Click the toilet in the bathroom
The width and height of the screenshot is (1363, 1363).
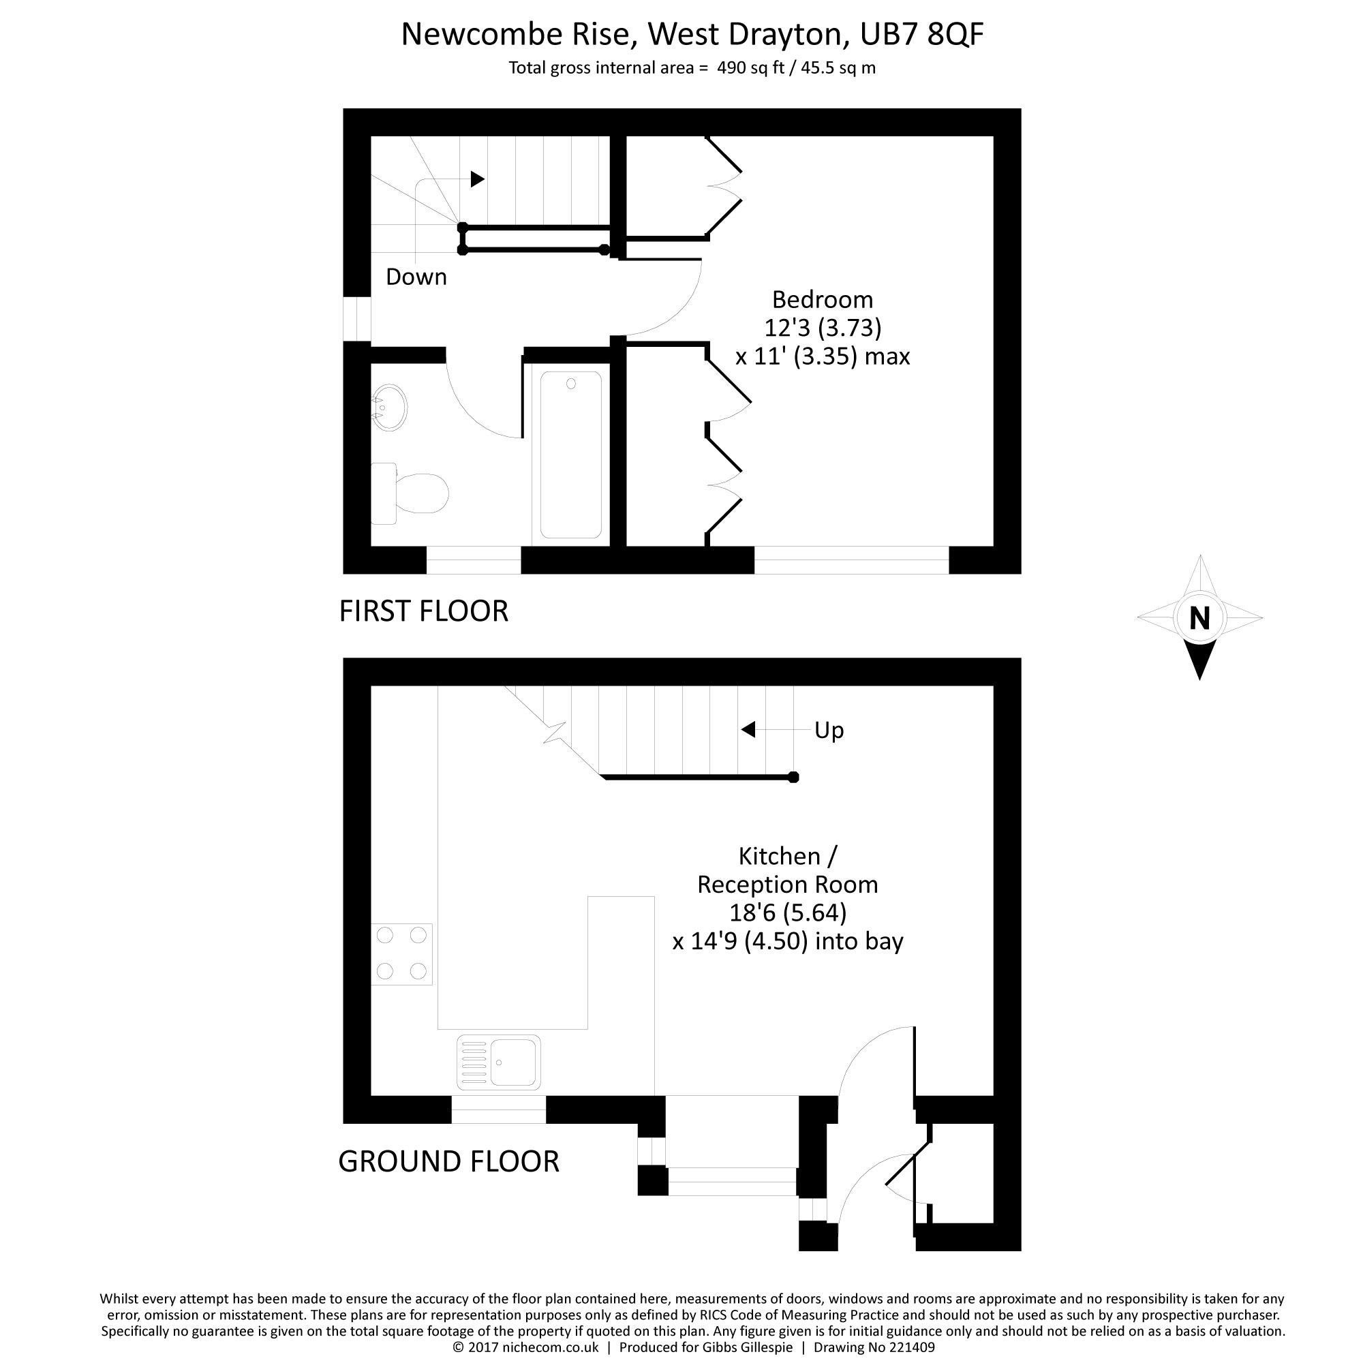pyautogui.click(x=409, y=493)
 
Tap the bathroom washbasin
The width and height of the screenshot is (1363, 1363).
pyautogui.click(x=388, y=408)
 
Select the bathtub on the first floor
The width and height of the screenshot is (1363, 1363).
pyautogui.click(x=570, y=455)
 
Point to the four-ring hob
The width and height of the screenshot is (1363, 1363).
pyautogui.click(x=401, y=954)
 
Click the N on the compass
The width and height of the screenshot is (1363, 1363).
pyautogui.click(x=1199, y=619)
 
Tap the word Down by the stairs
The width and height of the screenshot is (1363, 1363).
pyautogui.click(x=416, y=277)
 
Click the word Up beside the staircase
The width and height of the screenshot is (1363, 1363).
pyautogui.click(x=829, y=731)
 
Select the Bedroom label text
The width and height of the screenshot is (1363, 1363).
pyautogui.click(x=823, y=300)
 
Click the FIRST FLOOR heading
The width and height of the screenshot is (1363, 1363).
pyautogui.click(x=423, y=611)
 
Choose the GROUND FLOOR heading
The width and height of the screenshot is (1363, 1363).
pyautogui.click(x=448, y=1161)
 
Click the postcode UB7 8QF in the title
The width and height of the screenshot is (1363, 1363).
pyautogui.click(x=921, y=34)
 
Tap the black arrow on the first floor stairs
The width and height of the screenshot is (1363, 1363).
pyautogui.click(x=478, y=179)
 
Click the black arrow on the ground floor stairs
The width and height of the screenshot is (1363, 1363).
pyautogui.click(x=748, y=729)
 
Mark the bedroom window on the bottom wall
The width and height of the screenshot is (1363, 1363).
pyautogui.click(x=851, y=560)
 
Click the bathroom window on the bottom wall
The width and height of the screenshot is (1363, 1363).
pyautogui.click(x=474, y=560)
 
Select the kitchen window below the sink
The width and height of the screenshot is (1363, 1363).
pyautogui.click(x=498, y=1109)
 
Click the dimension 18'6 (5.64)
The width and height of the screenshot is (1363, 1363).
pyautogui.click(x=787, y=913)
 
